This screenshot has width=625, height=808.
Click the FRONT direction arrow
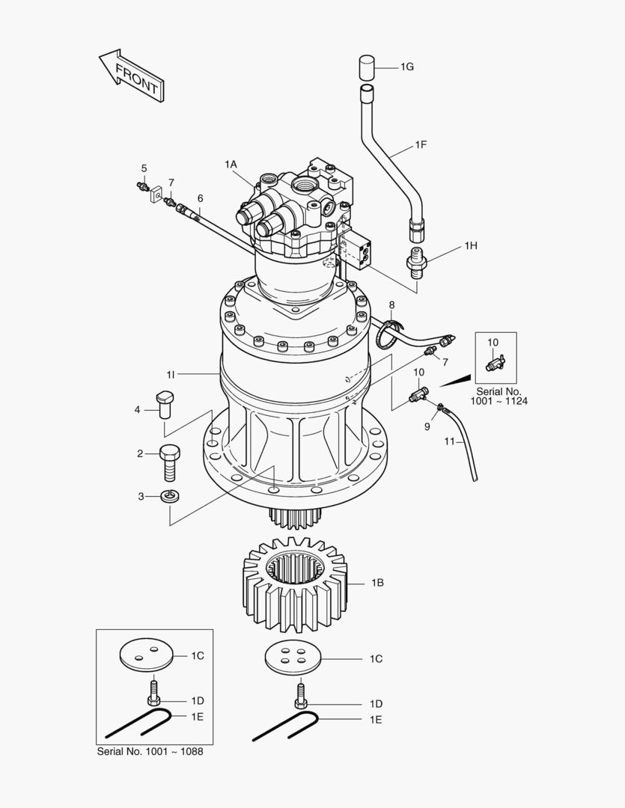coord(132,75)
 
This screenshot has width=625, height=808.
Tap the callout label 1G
coord(406,67)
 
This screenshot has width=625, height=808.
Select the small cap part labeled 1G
coord(366,67)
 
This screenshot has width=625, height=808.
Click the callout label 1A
coord(230,163)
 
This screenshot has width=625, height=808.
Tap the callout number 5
coord(144,168)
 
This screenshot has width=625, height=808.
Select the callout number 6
coord(200,198)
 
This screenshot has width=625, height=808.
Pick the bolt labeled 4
coord(165,404)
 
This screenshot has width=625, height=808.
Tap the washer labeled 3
coord(171,496)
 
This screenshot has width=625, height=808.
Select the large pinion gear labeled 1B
coord(296,584)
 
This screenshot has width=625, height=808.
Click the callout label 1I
coord(171,373)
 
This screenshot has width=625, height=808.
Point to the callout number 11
coord(449,441)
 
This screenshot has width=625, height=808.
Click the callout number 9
coord(428,426)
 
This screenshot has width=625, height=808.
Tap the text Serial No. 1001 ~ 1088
coord(150,750)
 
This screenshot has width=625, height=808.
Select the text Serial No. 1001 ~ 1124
coord(499,397)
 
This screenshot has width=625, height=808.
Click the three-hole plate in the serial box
coord(146,655)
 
